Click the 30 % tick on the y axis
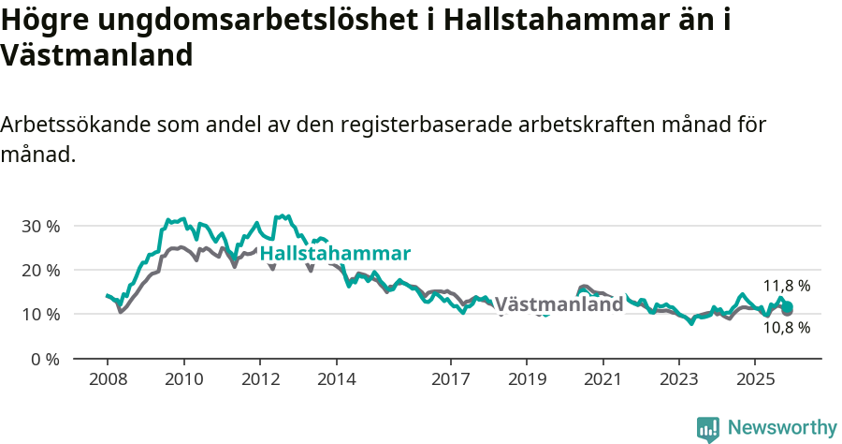coord(40,226)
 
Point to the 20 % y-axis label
coord(40,270)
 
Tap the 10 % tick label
coord(40,314)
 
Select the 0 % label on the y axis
coord(45,359)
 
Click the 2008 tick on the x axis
coord(108,379)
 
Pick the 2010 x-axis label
coord(183,379)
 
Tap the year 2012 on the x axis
coord(260,379)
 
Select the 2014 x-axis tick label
coord(336,379)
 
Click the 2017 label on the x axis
coord(450,379)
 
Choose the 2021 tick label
coord(602,379)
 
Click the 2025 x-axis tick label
coord(755,379)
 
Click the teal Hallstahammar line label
coord(335,254)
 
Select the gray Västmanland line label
coord(559,304)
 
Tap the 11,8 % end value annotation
coord(787,286)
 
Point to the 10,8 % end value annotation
coord(787,328)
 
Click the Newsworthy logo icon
coord(708,428)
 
